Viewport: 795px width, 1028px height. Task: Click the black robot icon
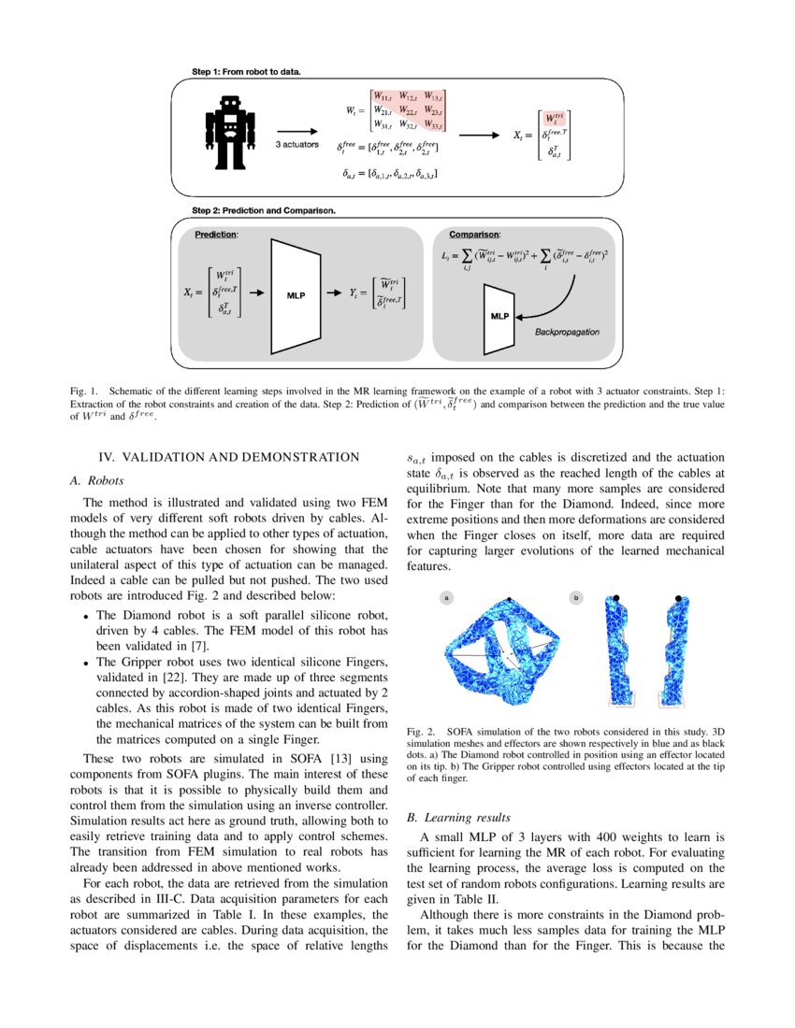point(229,130)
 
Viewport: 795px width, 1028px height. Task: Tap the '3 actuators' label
point(296,146)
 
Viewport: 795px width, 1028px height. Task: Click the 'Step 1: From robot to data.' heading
point(246,71)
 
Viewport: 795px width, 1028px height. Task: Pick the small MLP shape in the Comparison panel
point(499,317)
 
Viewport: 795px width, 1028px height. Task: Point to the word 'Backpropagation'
point(567,332)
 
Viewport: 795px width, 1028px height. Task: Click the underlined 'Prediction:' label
point(216,235)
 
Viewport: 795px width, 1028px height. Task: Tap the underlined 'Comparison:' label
point(474,234)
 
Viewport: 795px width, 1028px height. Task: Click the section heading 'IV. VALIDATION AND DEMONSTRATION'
point(228,457)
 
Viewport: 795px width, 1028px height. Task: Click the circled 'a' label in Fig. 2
point(447,596)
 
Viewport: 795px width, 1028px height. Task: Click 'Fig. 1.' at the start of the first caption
point(84,390)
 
